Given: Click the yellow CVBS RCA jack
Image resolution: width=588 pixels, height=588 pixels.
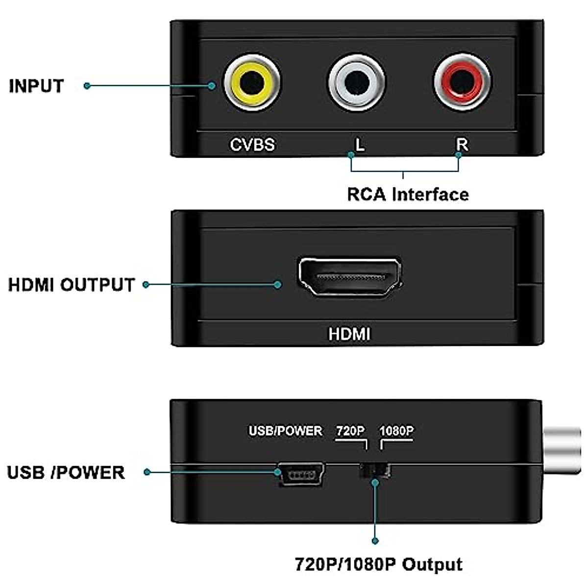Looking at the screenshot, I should point(252,82).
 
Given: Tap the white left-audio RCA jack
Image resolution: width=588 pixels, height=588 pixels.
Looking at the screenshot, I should point(357,82).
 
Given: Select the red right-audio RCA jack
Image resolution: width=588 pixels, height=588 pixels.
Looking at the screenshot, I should point(462,82).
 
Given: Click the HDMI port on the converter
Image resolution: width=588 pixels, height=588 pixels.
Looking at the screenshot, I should point(349,277).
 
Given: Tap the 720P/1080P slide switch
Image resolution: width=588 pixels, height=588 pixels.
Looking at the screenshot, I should point(375,471).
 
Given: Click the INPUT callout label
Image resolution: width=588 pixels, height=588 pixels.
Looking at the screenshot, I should point(36,86).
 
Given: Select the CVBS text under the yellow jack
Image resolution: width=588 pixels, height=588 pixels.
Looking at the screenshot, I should point(252,145).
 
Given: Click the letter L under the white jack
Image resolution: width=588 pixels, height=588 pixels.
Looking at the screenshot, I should point(360,145).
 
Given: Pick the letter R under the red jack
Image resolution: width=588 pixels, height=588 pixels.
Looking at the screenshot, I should point(462,145).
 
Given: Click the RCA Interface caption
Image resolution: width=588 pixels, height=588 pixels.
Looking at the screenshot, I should point(408,195).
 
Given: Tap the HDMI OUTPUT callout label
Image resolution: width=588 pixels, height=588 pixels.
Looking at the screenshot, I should point(72,285).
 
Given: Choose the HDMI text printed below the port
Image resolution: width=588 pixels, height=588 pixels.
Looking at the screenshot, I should point(349,334).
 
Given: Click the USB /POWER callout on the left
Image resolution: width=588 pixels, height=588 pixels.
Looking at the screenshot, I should point(66,472).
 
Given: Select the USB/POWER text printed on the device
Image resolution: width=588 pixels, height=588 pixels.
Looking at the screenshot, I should point(286,431).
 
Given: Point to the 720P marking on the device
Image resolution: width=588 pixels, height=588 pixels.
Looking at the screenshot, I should point(350,431).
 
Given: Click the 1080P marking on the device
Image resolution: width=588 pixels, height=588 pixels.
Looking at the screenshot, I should point(396,431).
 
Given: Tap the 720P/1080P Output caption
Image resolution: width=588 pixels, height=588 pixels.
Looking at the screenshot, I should point(379,564).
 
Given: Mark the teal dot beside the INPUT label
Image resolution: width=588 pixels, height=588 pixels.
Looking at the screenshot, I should point(87,86).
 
